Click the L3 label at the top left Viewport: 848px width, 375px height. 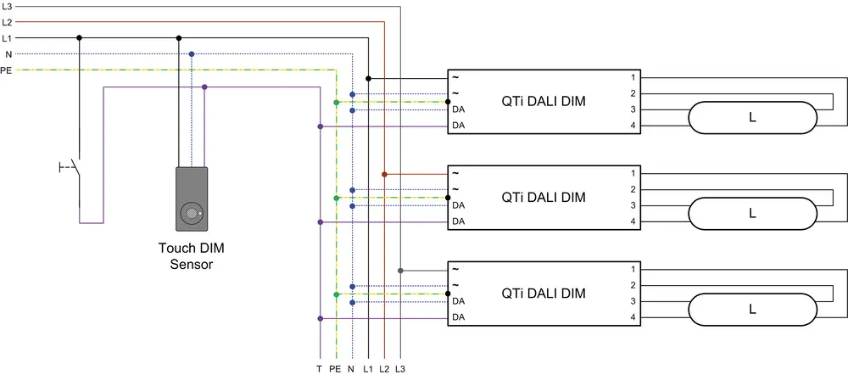[7, 6]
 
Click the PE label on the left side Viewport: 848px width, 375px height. [7, 70]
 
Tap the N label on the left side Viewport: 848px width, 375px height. [8, 54]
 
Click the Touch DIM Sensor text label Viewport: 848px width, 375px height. [192, 256]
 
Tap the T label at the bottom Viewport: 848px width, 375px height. [319, 369]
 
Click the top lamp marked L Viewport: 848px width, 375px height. [751, 118]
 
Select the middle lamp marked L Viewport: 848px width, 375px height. [751, 214]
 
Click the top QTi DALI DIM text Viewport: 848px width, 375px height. [544, 102]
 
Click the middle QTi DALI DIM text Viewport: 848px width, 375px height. [544, 198]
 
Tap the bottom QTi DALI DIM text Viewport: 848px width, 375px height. [544, 294]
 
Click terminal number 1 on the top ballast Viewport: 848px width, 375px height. [633, 76]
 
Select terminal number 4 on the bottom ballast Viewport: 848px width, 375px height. [633, 318]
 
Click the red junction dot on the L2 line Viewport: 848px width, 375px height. [384, 174]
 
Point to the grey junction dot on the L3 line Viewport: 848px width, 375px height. [399, 271]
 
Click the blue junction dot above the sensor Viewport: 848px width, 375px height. [192, 54]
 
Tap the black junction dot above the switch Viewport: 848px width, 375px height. [79, 38]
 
